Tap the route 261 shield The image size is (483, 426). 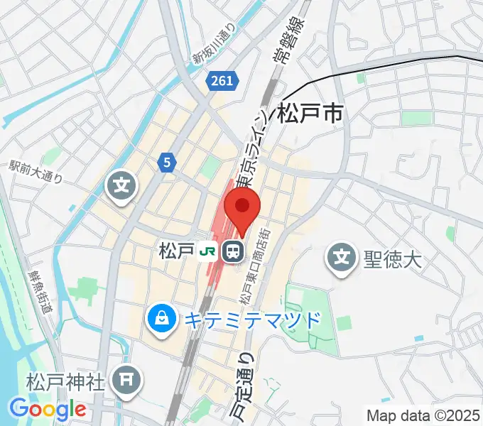click(x=222, y=82)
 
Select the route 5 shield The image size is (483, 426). click(x=166, y=163)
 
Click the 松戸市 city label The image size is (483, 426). click(x=310, y=114)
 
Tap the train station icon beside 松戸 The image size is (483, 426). click(x=232, y=251)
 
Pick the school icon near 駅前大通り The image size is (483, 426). click(x=121, y=187)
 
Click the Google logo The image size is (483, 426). click(x=48, y=410)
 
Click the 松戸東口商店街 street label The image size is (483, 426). click(x=254, y=266)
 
